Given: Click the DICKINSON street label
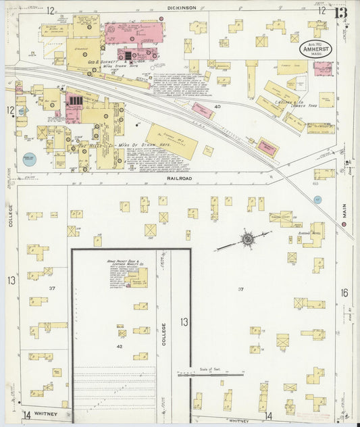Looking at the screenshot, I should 182,8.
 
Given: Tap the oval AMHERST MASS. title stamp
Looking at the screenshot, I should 317,53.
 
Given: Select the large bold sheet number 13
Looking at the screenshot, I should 341,12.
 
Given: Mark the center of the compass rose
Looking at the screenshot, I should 248,238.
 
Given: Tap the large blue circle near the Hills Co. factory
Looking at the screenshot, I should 29,159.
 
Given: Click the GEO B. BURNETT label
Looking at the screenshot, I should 101,61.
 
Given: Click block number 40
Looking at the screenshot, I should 217,107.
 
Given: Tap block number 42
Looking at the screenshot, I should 120,346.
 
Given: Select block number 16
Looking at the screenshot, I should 344,293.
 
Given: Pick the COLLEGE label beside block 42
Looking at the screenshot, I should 163,334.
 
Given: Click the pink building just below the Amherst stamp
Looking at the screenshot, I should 323,68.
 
